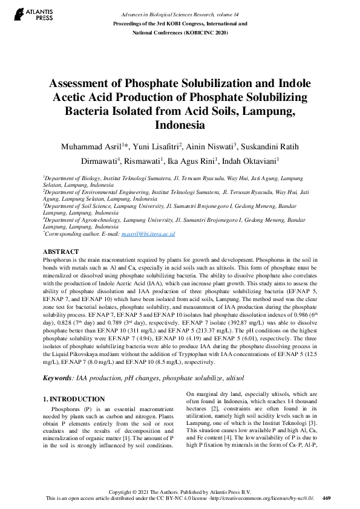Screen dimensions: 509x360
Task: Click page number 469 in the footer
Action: [x=327, y=499]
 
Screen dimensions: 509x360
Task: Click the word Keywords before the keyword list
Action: [x=57, y=378]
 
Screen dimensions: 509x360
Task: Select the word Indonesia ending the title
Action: [x=180, y=126]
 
